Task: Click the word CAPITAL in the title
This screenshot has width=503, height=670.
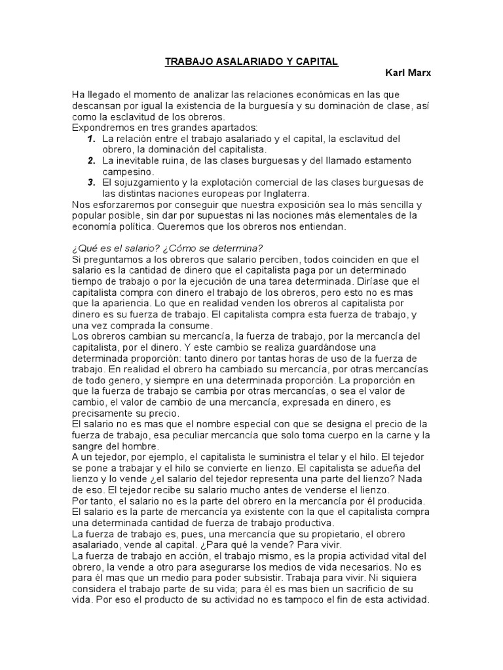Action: [315, 62]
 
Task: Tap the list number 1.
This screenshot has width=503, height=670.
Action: [92, 139]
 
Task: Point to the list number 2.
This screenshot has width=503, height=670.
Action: [92, 160]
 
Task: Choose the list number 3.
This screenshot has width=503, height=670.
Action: [92, 182]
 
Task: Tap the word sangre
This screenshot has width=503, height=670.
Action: [89, 446]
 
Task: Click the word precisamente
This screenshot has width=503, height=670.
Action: [104, 413]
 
